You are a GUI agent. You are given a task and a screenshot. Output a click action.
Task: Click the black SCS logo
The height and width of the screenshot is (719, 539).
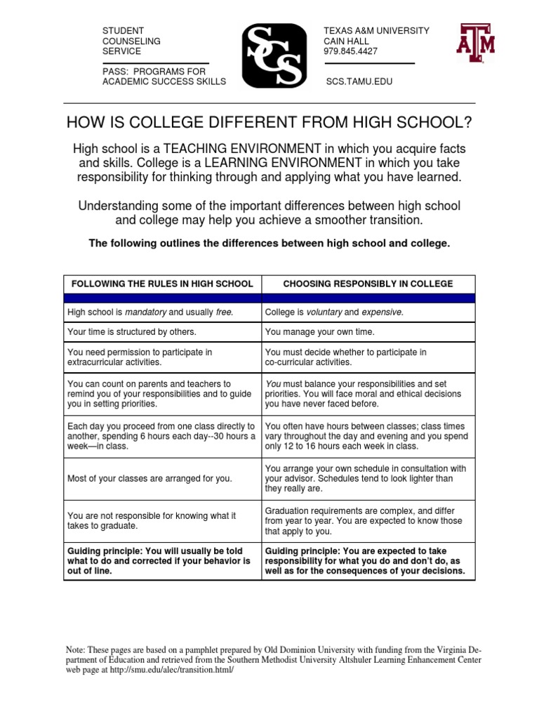click(x=274, y=55)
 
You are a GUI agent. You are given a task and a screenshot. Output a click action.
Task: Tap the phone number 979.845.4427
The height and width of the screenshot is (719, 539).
click(x=350, y=51)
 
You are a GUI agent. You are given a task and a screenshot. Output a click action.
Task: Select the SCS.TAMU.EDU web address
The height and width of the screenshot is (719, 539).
click(x=359, y=81)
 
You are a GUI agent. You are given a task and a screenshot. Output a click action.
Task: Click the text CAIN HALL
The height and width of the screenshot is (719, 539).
click(x=347, y=41)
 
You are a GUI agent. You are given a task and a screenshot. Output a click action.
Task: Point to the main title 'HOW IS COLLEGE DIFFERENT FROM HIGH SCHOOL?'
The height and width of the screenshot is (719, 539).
click(x=269, y=124)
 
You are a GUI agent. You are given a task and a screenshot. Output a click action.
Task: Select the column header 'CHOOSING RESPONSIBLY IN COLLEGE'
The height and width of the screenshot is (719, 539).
click(x=368, y=284)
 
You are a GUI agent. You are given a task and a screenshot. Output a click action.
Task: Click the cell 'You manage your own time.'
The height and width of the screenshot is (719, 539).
click(x=319, y=331)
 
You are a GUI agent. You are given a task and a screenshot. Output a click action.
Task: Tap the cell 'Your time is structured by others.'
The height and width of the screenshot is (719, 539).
click(x=131, y=331)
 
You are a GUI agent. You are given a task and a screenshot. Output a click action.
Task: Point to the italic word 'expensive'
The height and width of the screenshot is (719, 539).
click(x=382, y=312)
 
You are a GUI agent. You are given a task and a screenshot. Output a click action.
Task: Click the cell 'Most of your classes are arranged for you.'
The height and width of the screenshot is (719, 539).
click(x=149, y=478)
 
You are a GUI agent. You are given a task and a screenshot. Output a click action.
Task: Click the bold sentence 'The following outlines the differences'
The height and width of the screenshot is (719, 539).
click(x=269, y=243)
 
